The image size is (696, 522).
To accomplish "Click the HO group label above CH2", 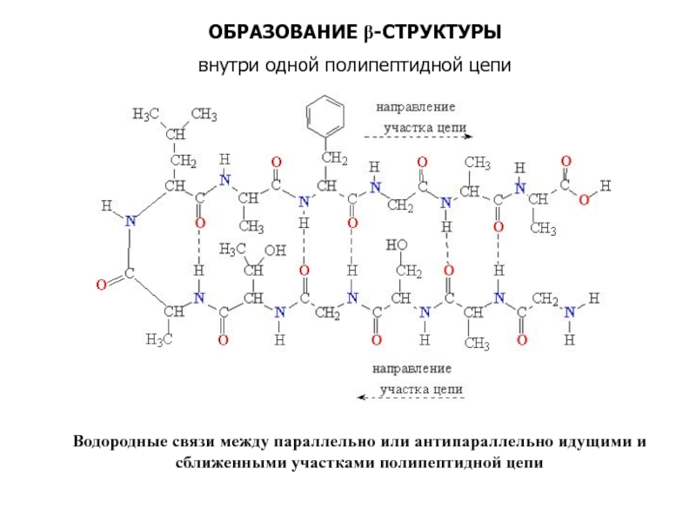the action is click(397, 246).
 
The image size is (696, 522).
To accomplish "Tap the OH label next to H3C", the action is click(274, 251).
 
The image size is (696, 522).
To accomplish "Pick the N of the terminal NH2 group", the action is click(571, 312).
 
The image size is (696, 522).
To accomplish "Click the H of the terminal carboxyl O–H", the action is click(606, 185).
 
